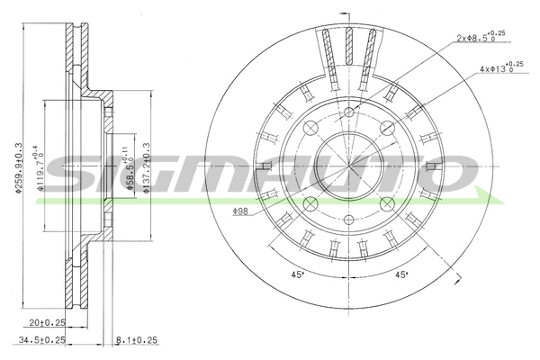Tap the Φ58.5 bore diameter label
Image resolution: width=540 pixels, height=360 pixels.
[x=131, y=166]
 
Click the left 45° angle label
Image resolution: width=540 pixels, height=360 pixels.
[x=294, y=274]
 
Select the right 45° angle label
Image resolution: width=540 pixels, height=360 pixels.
[x=401, y=274]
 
